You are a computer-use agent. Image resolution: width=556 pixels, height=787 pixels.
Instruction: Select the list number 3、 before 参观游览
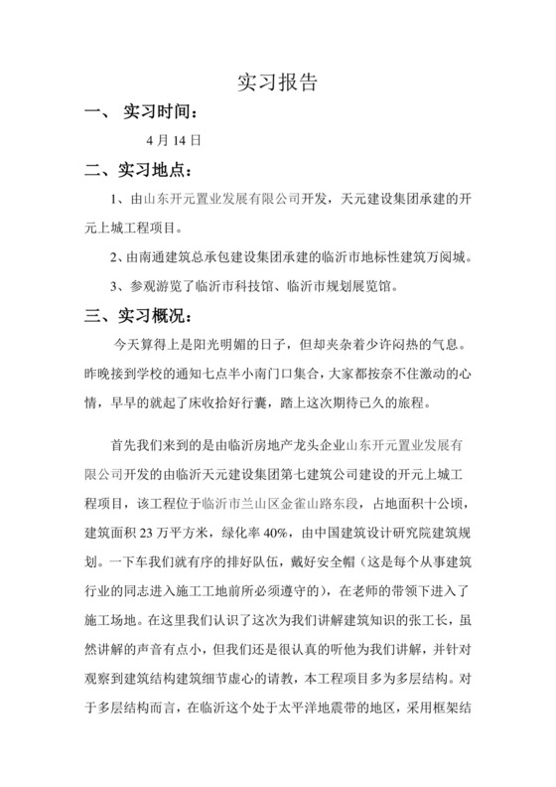[118, 288]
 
